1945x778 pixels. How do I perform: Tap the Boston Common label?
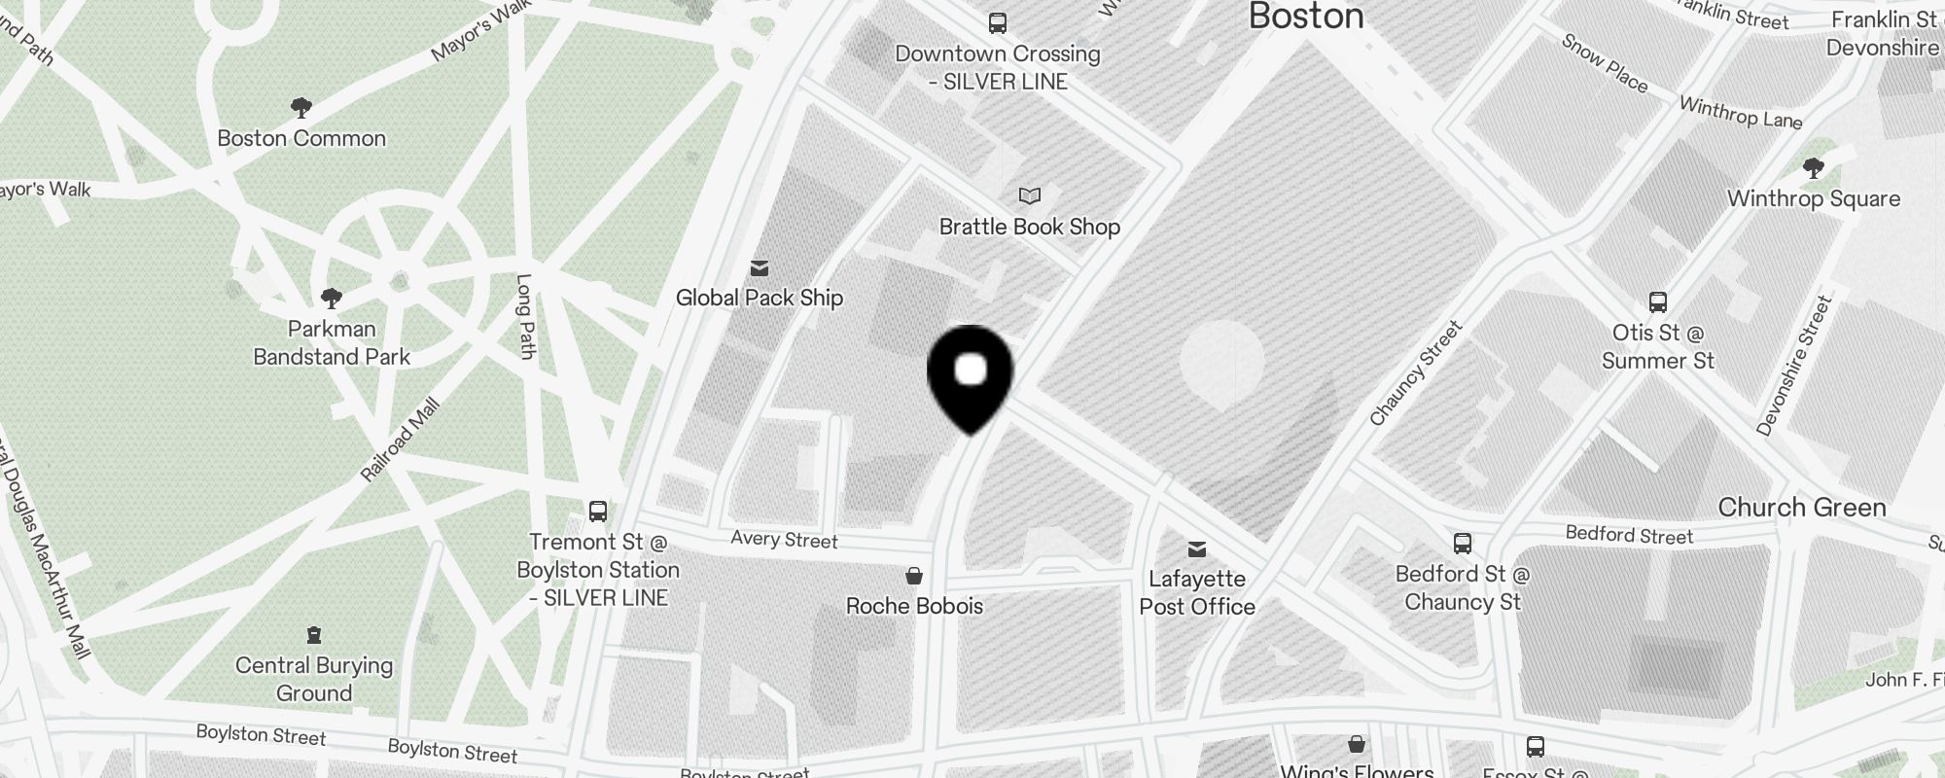301,138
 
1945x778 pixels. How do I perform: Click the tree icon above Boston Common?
301,107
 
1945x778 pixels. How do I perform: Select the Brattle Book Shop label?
1030,227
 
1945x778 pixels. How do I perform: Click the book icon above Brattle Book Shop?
1030,196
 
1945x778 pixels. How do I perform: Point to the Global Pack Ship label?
760,298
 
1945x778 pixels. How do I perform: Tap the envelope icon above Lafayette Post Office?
1197,549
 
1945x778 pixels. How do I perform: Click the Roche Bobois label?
914,606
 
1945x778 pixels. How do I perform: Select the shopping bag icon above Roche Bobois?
914,577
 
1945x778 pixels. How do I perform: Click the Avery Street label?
784,540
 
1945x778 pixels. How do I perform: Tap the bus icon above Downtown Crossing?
998,23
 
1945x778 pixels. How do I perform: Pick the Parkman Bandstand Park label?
332,342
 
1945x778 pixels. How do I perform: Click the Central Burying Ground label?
314,679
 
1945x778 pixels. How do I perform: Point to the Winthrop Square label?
1814,198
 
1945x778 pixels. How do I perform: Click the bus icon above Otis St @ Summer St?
1658,302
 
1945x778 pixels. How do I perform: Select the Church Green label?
1802,507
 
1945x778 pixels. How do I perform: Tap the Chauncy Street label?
1416,373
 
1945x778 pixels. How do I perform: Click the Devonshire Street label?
1794,365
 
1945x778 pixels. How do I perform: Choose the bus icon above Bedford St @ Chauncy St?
1463,544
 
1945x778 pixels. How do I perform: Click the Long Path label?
525,316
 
